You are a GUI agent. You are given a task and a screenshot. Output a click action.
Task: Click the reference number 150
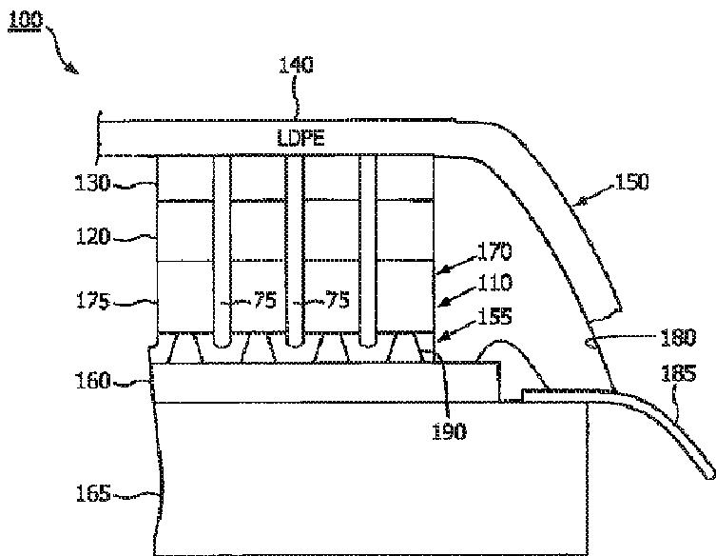pyautogui.click(x=632, y=181)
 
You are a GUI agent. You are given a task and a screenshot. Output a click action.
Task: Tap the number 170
pyautogui.click(x=494, y=252)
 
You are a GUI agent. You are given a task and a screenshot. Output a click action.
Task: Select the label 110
pyautogui.click(x=494, y=283)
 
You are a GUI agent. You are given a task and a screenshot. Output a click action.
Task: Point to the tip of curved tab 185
pyautogui.click(x=708, y=469)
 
